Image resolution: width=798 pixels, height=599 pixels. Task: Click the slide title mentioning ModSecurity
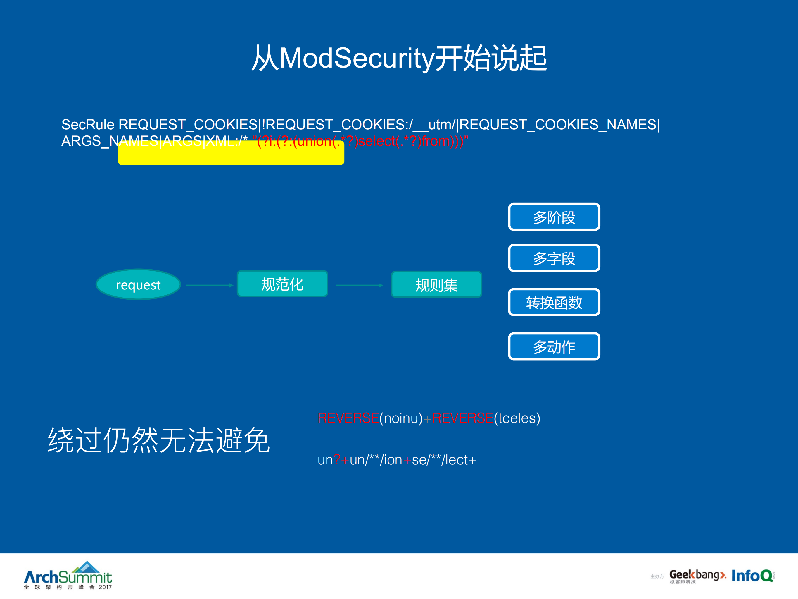tap(399, 58)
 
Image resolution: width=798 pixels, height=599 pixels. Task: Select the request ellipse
tap(138, 284)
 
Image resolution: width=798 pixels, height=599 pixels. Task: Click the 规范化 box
tap(282, 284)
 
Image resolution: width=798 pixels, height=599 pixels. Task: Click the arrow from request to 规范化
tap(209, 285)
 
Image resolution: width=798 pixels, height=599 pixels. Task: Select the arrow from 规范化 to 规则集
tap(359, 285)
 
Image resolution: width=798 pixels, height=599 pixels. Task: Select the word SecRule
tap(88, 125)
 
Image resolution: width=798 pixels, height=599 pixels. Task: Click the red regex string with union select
tap(360, 141)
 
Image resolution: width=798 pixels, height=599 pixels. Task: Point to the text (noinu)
tap(400, 418)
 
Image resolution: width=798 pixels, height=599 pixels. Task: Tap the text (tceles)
tap(517, 418)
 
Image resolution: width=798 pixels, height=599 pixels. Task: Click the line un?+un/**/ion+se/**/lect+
tap(397, 460)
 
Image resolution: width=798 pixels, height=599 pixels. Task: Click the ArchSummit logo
tap(68, 576)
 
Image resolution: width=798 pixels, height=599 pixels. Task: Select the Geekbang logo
tap(697, 576)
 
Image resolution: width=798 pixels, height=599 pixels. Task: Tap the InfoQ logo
tap(752, 576)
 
